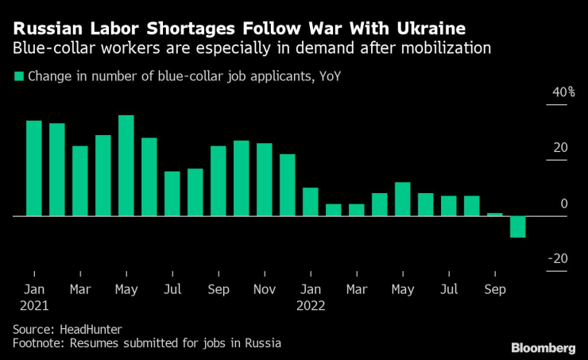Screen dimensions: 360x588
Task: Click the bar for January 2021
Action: pos(34,168)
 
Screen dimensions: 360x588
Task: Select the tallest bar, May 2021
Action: pos(126,165)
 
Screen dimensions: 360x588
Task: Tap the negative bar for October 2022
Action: pos(518,226)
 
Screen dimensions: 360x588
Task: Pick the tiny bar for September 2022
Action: pos(495,214)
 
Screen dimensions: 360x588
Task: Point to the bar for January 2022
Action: pos(311,202)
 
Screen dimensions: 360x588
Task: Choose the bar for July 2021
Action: pos(172,193)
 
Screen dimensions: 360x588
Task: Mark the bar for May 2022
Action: pos(403,199)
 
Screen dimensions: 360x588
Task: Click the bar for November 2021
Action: pos(265,180)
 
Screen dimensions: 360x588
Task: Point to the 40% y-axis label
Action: pos(563,93)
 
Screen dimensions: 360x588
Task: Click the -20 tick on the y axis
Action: pos(560,259)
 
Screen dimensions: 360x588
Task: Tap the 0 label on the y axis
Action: pos(564,204)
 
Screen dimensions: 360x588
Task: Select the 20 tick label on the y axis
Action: pos(561,148)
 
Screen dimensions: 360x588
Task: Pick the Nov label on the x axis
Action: pos(265,288)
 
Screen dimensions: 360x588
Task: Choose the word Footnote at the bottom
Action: pos(38,343)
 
